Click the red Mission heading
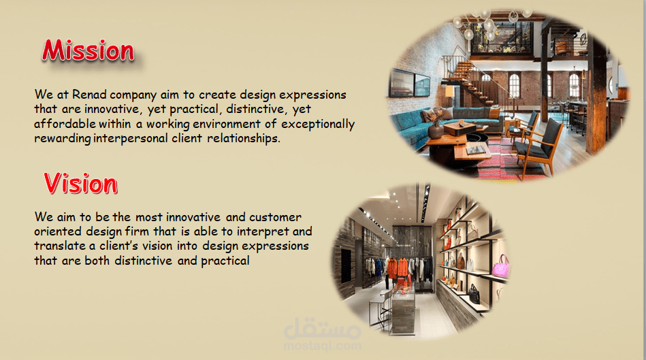point(88,50)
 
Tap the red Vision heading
point(81,183)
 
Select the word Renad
point(89,95)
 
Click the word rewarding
point(62,139)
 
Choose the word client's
point(118,246)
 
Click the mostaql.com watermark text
point(322,345)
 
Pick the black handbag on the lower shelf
point(474,294)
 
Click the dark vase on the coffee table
point(436,131)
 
